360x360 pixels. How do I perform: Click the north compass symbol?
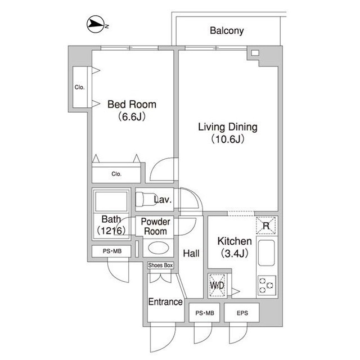point(96,24)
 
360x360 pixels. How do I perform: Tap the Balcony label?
point(227,31)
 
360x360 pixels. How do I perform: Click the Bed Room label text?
point(132,105)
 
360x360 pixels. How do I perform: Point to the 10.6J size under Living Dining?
point(227,139)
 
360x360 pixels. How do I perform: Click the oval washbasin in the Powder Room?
point(159,248)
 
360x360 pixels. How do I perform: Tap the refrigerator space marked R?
point(266,226)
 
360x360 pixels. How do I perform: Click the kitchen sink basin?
point(266,253)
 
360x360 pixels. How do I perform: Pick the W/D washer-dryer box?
point(217,285)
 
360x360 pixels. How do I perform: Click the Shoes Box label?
point(160,265)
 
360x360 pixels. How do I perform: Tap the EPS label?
point(242,313)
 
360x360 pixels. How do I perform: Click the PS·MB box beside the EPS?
point(204,313)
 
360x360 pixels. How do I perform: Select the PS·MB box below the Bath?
point(111,251)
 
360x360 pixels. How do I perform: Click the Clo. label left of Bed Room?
point(79,87)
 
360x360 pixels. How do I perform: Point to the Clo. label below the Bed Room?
point(116,174)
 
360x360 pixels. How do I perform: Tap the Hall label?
point(191,254)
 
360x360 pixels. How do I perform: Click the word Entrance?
point(165,301)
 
